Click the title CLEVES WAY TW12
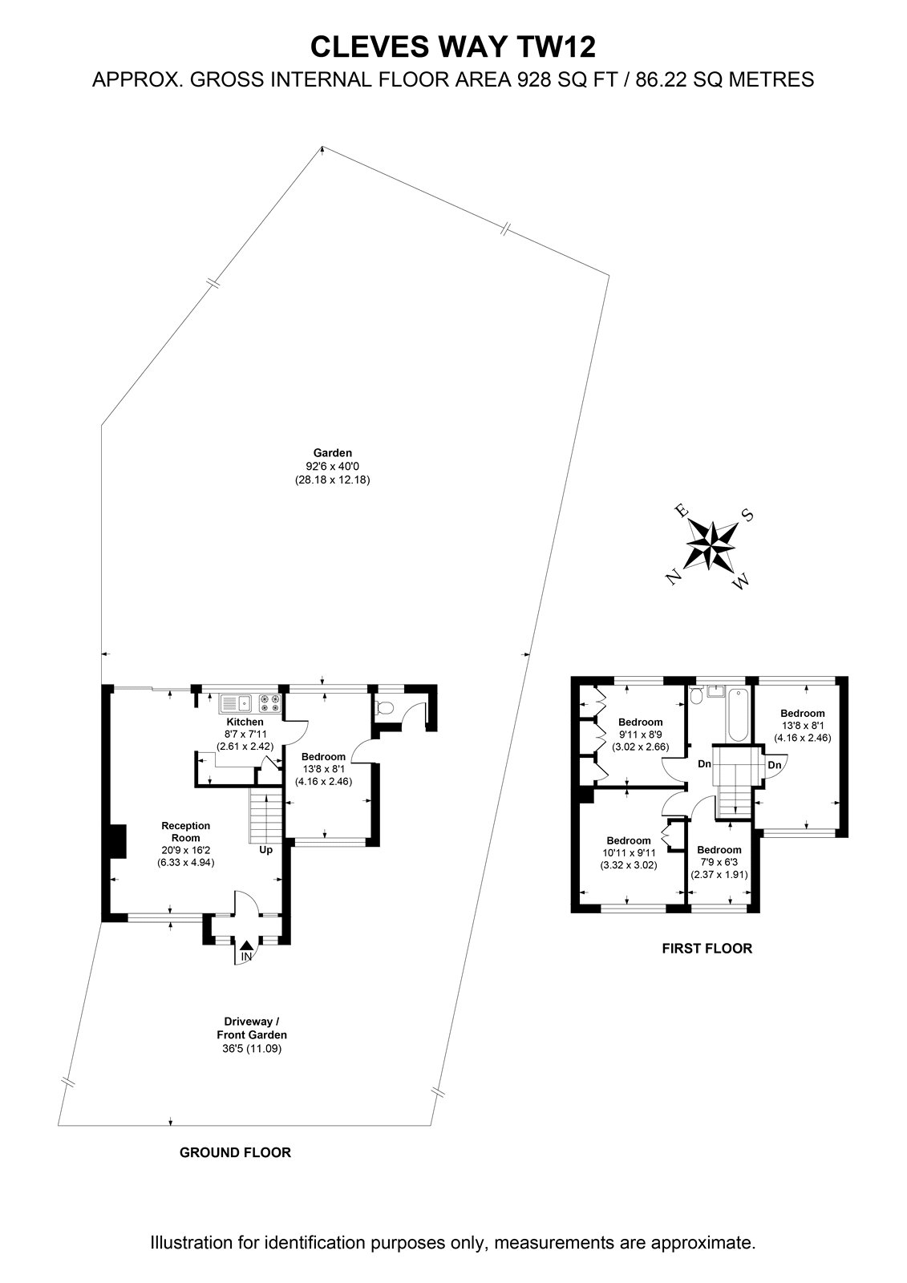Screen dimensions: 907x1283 452,47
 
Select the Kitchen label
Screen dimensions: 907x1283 245,722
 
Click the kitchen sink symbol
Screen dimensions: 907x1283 236,703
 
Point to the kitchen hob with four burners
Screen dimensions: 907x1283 270,703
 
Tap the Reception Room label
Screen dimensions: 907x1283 185,832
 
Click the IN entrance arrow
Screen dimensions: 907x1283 246,945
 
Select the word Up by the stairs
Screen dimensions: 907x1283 266,850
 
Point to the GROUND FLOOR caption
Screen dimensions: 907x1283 236,1152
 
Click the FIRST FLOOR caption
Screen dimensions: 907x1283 707,948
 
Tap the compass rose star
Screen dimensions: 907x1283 711,544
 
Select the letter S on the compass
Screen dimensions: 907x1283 747,515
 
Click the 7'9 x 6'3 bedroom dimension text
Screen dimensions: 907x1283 719,875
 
